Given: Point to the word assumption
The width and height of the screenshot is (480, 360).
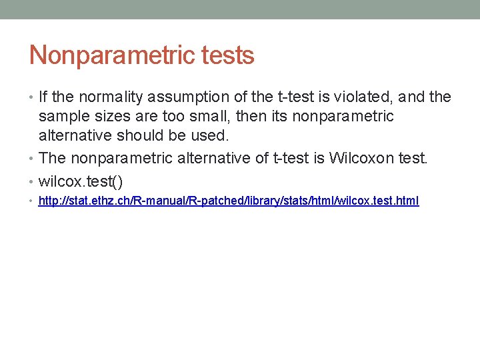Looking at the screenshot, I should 186,97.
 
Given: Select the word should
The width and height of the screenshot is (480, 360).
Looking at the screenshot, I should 155,136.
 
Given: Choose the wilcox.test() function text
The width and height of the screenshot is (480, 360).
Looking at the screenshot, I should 81,180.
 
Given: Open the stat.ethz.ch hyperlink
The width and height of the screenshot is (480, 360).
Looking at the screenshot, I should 229,201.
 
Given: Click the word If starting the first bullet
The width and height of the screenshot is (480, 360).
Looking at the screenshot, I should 43,97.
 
